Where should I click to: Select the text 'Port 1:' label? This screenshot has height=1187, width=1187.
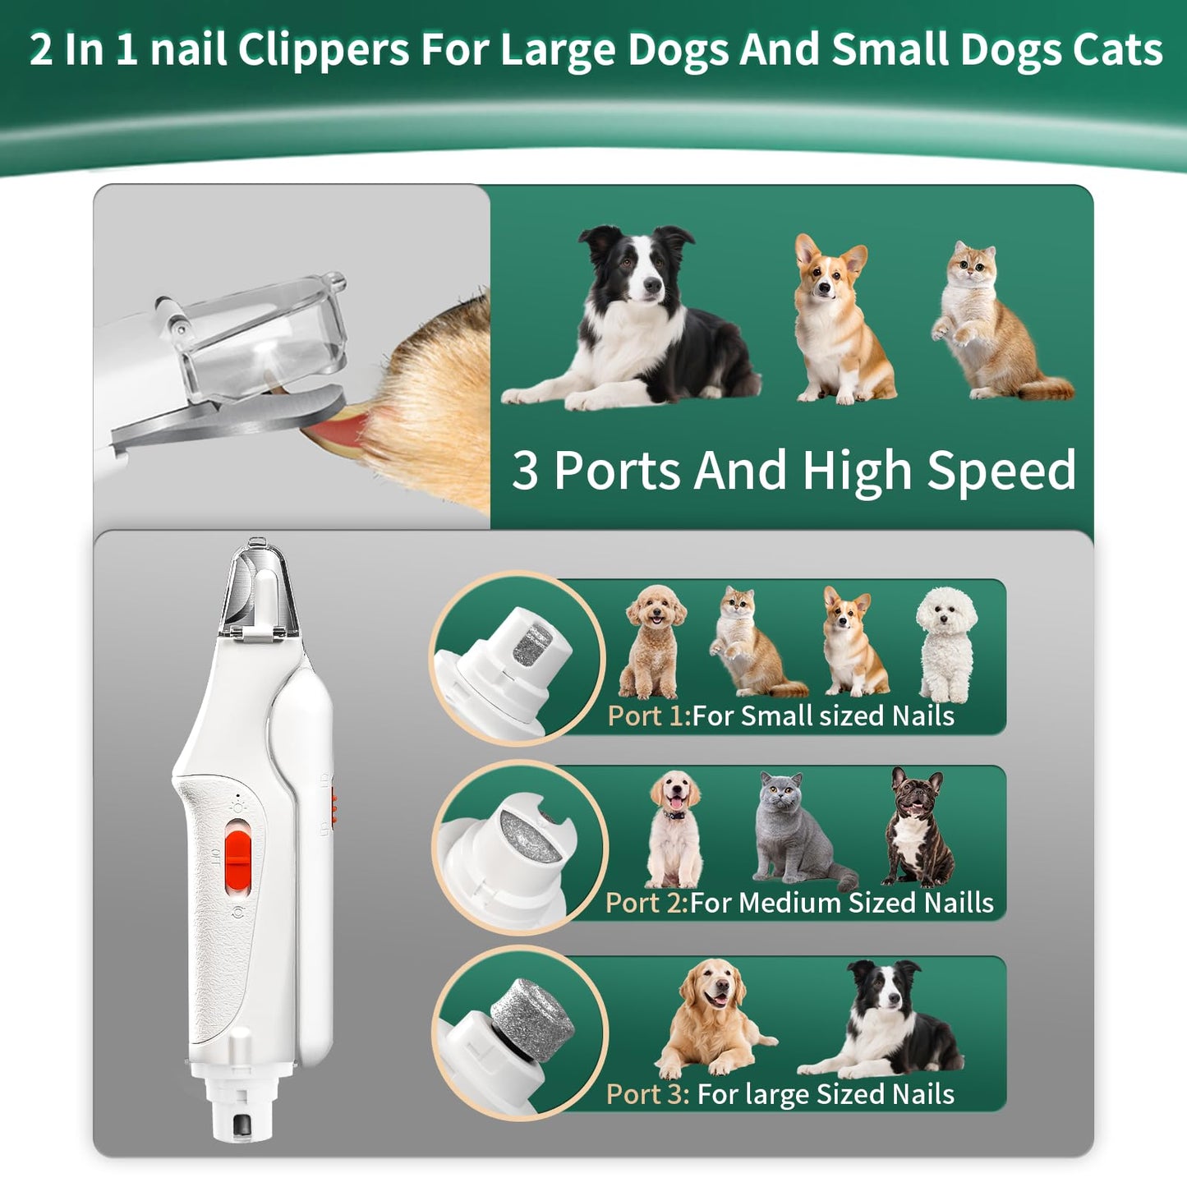647,715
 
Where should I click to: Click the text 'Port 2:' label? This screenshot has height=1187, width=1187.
646,903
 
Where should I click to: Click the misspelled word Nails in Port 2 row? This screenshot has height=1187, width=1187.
959,903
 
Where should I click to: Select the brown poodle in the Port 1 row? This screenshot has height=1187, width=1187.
654,641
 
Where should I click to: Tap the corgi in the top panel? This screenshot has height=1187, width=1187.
837,320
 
